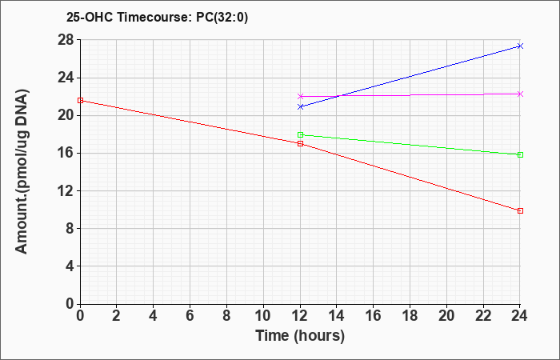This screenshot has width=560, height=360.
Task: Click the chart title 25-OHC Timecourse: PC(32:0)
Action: pos(157,18)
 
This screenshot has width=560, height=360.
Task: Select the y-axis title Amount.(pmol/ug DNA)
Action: pos(22,172)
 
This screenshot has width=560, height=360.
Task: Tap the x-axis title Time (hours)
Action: pos(300,336)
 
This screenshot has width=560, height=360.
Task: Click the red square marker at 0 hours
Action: pos(80,100)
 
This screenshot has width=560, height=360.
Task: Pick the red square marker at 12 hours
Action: pos(300,143)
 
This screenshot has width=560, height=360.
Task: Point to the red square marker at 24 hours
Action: pos(520,210)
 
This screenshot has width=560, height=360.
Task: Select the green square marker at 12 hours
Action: pos(300,134)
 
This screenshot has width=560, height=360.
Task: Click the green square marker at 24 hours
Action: pos(520,154)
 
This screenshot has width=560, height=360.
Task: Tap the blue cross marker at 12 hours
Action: pos(300,106)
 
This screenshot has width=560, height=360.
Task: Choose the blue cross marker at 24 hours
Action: pos(520,46)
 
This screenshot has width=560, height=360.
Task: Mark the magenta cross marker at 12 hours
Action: pos(300,96)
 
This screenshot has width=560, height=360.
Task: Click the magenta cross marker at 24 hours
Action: pos(520,94)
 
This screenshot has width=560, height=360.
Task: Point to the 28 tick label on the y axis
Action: pos(66,40)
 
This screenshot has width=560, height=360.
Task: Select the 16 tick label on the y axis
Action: pos(66,154)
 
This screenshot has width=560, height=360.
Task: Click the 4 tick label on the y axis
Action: pos(70,266)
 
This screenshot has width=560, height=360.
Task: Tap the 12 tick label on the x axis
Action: pos(300,316)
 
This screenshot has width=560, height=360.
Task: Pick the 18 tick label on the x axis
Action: pos(410,316)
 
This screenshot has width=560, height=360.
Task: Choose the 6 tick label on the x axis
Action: pos(190,316)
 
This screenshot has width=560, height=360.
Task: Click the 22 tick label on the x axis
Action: pos(483,316)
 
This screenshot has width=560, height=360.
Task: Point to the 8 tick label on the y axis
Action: pos(70,229)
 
